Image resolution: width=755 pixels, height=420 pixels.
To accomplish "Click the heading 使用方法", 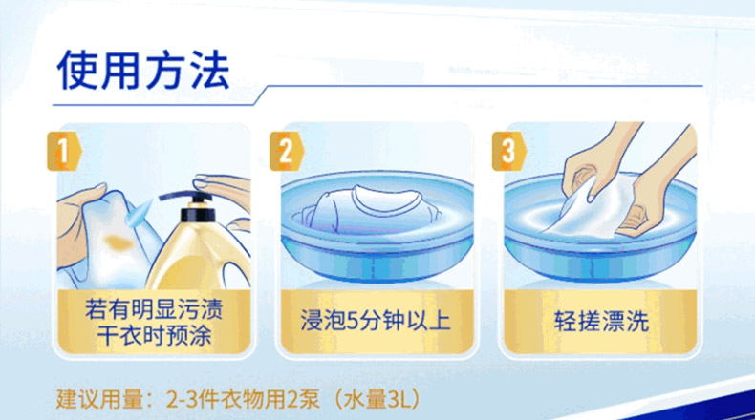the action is [143, 71].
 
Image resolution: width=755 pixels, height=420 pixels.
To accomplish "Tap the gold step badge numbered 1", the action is [64, 151].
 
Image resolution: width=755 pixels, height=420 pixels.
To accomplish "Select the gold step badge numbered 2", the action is [287, 151].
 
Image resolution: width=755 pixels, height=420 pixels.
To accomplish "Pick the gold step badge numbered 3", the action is [509, 151].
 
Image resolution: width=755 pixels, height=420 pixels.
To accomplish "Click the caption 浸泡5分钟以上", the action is [376, 321].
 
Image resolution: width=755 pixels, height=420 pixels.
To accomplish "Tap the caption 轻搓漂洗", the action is [601, 321].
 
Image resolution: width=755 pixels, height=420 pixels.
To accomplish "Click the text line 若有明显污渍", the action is [154, 309].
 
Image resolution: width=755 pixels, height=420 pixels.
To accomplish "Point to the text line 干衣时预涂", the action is [154, 334].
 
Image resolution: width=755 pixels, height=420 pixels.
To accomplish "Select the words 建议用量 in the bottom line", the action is [100, 399].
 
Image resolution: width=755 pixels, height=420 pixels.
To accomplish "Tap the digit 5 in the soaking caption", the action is [354, 321].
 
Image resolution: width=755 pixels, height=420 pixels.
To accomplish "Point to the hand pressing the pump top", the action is [223, 190].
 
